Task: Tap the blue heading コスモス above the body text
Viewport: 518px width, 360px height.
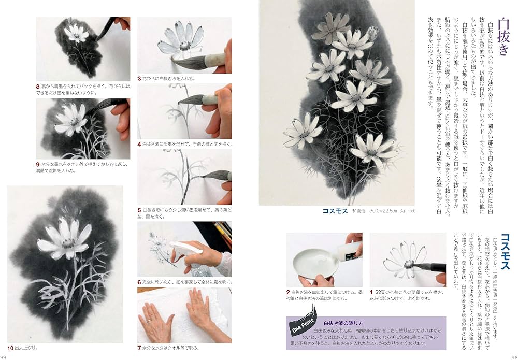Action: click(x=503, y=252)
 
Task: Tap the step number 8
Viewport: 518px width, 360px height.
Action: click(x=38, y=86)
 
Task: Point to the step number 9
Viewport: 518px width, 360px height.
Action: click(x=38, y=163)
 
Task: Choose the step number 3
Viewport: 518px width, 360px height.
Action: click(x=139, y=78)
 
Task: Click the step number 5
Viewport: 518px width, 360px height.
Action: click(x=139, y=210)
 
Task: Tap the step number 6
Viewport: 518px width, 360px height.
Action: click(x=139, y=282)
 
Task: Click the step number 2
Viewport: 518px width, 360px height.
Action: click(x=288, y=292)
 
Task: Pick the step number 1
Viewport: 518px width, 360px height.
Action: click(x=372, y=292)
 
